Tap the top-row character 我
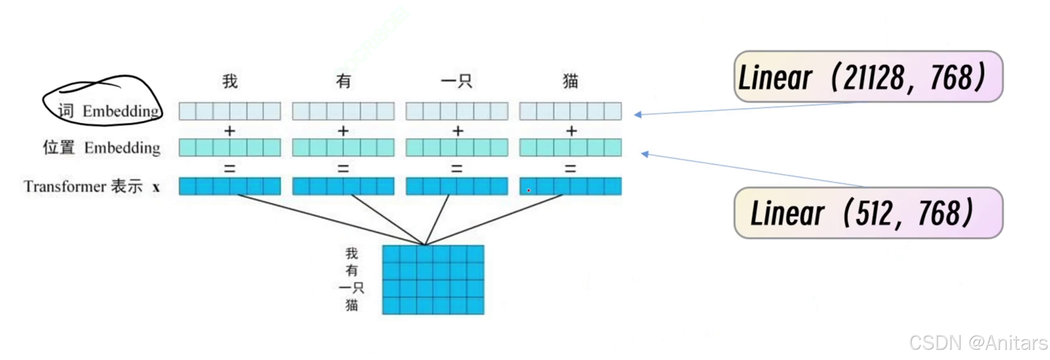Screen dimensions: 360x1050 pos(230,81)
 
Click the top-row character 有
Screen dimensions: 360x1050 pos(343,81)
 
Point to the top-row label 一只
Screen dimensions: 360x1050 pos(456,81)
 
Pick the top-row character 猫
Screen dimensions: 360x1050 pos(570,81)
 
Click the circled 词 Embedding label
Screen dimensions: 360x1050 pos(108,110)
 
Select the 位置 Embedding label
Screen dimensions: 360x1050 pos(101,147)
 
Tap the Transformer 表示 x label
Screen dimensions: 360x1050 pos(92,186)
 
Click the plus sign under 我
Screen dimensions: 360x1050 pos(230,131)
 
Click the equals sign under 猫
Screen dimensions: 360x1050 pos(570,168)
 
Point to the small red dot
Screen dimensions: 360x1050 pos(528,190)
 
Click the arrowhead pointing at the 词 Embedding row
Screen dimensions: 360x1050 pos(638,115)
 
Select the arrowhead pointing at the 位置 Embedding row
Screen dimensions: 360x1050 pos(645,153)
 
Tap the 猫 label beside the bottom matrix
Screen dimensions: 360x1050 pos(351,305)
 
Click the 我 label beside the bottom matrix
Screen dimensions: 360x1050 pos(351,253)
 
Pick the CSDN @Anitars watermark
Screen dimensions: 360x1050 pos(978,343)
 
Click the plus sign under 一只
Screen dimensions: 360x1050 pos(457,131)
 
